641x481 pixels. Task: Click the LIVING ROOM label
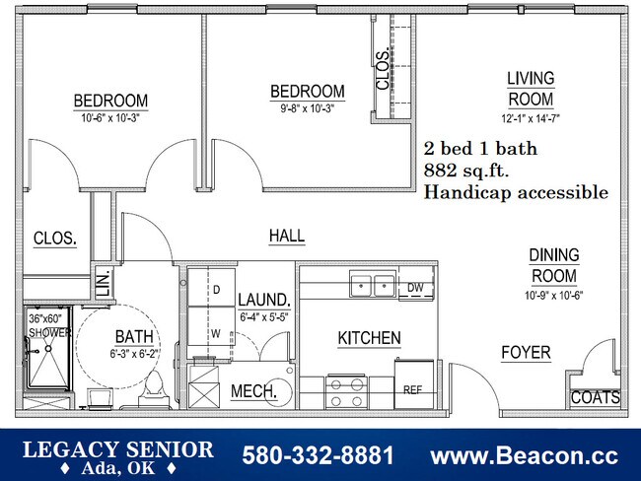(531, 89)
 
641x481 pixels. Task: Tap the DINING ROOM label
(554, 265)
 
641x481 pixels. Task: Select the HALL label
(287, 237)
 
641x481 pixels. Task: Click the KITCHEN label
(369, 338)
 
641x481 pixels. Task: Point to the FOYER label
(526, 353)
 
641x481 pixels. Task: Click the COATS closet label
(596, 398)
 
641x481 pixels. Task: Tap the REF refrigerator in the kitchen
(413, 388)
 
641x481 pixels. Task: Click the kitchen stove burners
(347, 393)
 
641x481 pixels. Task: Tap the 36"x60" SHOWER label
(48, 326)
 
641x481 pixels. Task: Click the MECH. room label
(253, 391)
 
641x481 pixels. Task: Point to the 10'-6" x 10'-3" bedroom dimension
(110, 117)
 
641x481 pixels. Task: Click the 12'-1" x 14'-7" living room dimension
(531, 118)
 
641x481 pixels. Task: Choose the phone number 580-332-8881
(318, 456)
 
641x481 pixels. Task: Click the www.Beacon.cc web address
(525, 456)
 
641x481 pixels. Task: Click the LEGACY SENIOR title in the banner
(117, 449)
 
